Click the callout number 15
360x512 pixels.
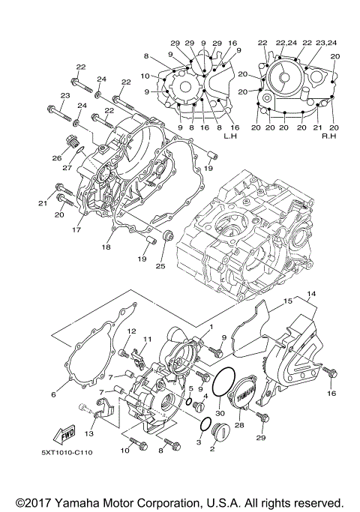288,302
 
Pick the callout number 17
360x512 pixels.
75,230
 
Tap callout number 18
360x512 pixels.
106,246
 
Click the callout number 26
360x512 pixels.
55,158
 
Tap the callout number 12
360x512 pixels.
130,331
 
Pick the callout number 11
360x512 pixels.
148,340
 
